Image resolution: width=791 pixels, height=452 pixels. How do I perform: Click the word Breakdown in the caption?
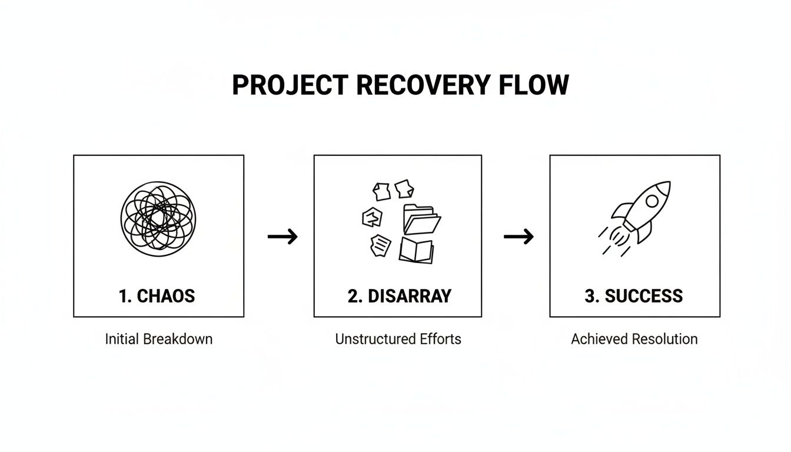178,339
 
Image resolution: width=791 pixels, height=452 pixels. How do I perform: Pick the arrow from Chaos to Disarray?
282,237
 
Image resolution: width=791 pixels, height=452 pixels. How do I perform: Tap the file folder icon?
421,219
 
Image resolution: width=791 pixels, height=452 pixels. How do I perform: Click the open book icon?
416,250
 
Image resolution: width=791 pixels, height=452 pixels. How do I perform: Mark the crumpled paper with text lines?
380,245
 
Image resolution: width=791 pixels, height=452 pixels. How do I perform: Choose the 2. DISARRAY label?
399,295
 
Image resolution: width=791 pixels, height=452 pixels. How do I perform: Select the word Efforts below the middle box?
441,339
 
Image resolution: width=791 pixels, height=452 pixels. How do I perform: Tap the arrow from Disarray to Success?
519,237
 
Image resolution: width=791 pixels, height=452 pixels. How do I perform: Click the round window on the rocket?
652,201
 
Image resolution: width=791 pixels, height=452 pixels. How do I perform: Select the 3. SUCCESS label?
634,295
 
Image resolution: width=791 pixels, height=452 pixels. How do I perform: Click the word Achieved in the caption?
600,339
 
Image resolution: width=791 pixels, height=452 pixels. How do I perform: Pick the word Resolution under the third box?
664,339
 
